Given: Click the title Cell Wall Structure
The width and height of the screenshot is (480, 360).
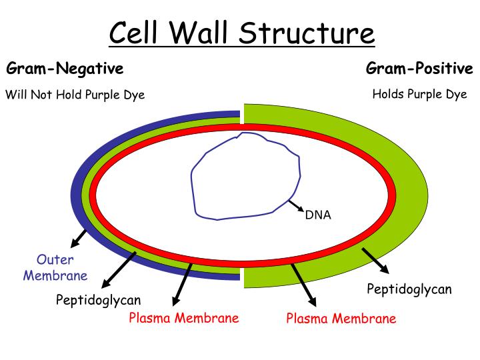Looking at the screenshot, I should point(241,33).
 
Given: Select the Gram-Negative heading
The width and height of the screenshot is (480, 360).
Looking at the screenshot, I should point(65,69).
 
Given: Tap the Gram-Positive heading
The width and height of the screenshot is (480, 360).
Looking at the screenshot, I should point(419,69).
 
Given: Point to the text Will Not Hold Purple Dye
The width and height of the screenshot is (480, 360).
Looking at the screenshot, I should point(75,95).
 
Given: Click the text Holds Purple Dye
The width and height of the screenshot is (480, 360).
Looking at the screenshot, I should point(419,94).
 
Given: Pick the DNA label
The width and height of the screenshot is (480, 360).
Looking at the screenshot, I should point(317,215).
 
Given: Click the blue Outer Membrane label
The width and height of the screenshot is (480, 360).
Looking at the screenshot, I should point(55,267).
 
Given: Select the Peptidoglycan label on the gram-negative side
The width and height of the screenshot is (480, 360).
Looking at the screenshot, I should point(98,300).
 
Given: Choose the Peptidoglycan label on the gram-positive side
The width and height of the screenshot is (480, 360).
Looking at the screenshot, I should point(409,289).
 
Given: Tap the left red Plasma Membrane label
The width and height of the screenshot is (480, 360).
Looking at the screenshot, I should point(184,318).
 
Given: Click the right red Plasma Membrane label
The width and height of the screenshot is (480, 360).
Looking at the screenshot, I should point(341,318).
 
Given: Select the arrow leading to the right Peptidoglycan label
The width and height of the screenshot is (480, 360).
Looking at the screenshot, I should point(375,261).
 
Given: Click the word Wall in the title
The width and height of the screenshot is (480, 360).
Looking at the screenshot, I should point(211,33).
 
